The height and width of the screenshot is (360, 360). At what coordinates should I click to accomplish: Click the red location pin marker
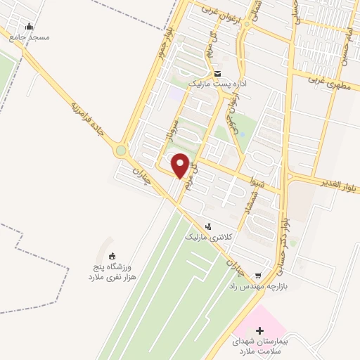coord(181,165)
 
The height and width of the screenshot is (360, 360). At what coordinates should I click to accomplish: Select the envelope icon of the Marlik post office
coord(217,73)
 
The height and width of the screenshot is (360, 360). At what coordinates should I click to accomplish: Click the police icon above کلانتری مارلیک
coord(208,226)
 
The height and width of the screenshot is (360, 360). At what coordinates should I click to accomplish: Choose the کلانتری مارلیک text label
coord(208,238)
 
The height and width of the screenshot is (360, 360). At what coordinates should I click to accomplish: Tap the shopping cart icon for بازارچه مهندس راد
coord(259,275)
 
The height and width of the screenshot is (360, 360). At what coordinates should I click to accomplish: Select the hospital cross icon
coord(259,330)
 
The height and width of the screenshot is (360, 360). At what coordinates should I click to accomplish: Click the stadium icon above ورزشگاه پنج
coord(113,255)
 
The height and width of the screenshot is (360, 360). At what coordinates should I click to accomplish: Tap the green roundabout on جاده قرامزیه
coord(122,150)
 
